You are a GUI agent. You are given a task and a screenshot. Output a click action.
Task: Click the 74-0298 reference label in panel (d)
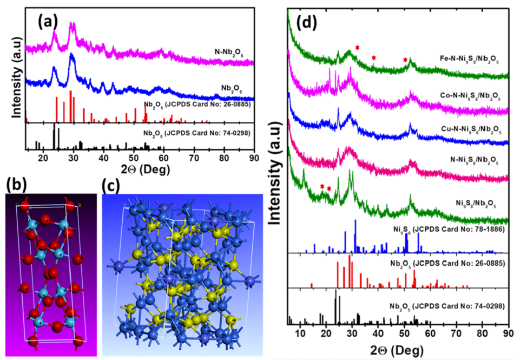tap(447, 306)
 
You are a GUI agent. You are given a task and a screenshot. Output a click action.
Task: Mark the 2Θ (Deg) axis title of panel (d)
tap(401, 348)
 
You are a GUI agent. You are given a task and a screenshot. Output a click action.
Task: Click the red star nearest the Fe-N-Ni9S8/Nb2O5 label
tap(405, 60)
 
